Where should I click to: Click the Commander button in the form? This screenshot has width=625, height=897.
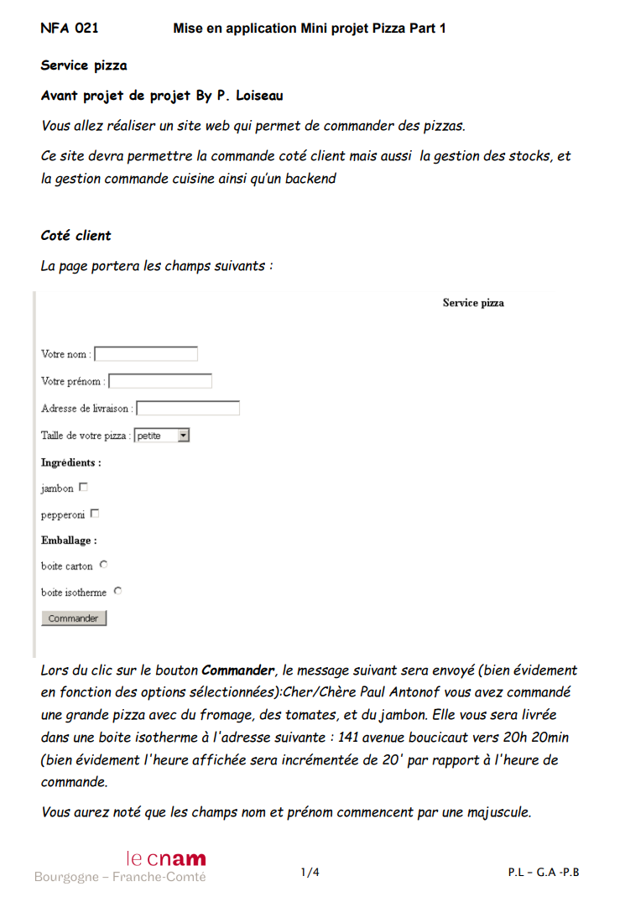74,618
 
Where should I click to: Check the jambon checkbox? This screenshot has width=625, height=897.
83,488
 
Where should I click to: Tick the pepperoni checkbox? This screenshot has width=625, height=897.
95,514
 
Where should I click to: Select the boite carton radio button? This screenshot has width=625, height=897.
103,565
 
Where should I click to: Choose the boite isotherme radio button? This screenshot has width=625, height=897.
117,591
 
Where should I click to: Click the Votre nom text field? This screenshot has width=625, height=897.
147,354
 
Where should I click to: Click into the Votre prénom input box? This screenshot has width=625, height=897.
161,381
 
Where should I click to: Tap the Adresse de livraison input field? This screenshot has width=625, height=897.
189,409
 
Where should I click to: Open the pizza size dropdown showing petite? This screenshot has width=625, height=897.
162,435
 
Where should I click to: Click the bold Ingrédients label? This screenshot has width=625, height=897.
71,462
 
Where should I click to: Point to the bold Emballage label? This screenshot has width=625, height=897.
69,540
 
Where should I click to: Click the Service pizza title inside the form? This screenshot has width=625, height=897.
473,303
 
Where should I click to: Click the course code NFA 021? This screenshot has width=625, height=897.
70,29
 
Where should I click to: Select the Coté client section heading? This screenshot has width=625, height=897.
76,236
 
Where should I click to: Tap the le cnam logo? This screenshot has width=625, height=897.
165,858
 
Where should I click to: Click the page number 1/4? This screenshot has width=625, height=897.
310,873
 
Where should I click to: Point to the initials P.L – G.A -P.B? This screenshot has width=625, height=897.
544,873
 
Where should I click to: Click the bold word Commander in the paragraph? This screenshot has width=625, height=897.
238,670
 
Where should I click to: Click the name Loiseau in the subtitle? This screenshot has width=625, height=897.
259,96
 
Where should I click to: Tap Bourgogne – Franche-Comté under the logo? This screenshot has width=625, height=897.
120,877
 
